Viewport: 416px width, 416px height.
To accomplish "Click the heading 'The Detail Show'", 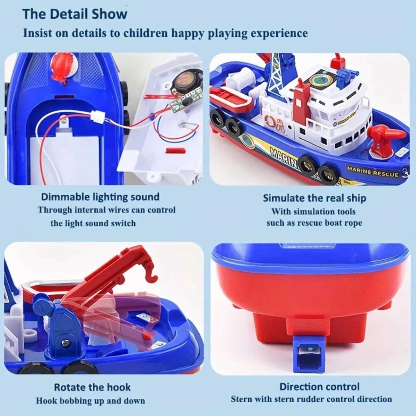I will click(x=75, y=14).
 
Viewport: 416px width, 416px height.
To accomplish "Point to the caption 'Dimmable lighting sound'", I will click(x=100, y=197).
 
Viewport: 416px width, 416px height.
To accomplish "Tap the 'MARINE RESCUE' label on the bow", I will click(x=372, y=171).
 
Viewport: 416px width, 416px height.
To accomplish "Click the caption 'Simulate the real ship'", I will click(x=314, y=198).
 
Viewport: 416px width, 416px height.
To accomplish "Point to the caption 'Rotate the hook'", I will click(x=92, y=387).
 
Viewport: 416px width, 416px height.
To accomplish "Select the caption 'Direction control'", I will click(x=319, y=387).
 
